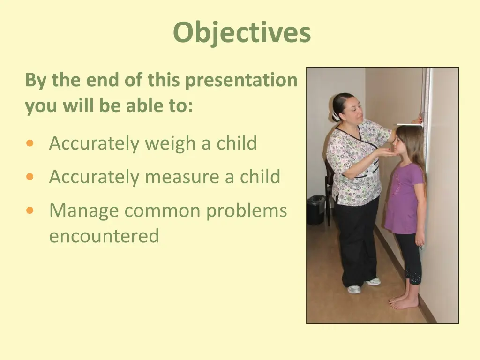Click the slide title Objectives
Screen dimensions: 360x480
[x=241, y=33]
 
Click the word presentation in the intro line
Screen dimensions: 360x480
[x=241, y=81]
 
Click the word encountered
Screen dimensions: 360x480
[x=104, y=235]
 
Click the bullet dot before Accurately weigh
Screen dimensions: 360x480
[x=30, y=143]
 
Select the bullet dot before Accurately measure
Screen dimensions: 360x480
[x=30, y=177]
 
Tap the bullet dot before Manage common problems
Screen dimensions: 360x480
[x=30, y=211]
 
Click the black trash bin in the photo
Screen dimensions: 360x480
[x=316, y=209]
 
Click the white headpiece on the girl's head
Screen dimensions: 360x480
[x=409, y=125]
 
